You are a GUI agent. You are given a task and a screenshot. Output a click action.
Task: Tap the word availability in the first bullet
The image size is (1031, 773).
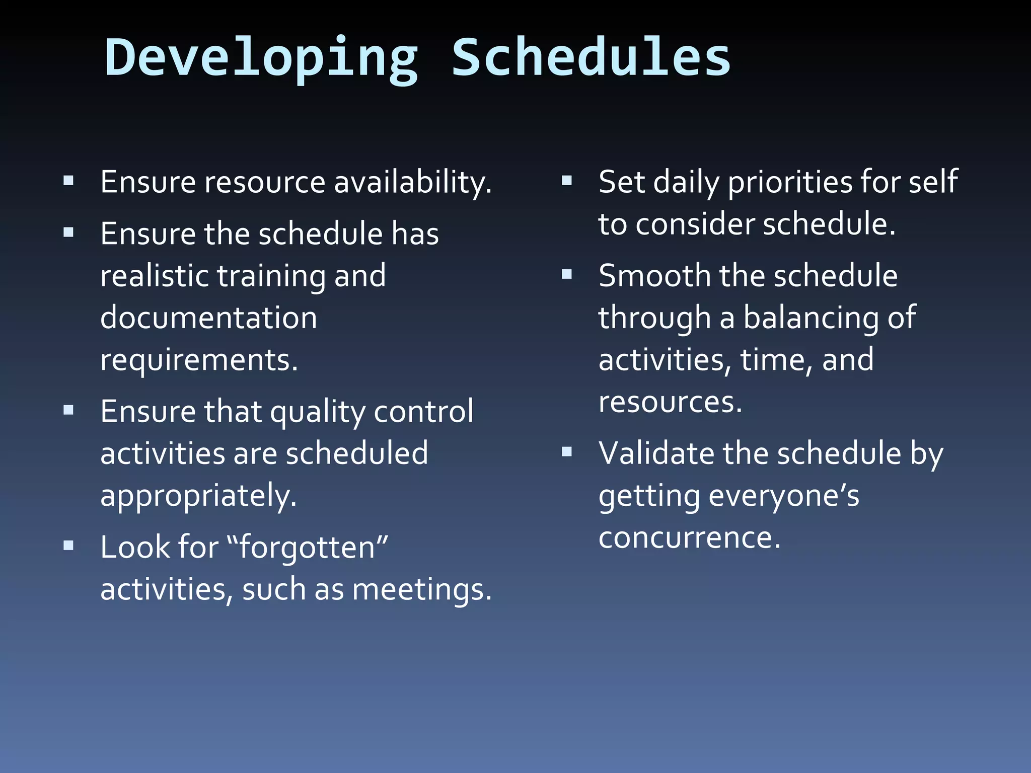point(413,182)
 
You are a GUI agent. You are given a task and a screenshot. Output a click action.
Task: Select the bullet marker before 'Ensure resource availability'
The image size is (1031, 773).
point(69,181)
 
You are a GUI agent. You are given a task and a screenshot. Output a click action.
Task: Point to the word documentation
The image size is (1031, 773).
point(208,318)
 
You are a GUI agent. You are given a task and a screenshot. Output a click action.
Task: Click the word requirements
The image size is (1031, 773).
point(199,360)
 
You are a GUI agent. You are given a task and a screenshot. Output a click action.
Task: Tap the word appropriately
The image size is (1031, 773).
point(198,496)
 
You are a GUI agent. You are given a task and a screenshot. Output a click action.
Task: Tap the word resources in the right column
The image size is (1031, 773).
point(670,403)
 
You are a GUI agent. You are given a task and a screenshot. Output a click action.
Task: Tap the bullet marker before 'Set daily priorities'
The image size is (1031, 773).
point(567,181)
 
